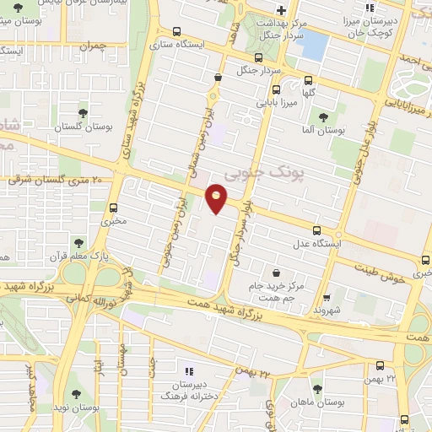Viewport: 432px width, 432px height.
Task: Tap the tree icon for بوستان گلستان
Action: tap(83, 112)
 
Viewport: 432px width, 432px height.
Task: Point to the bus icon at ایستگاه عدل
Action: tap(317, 230)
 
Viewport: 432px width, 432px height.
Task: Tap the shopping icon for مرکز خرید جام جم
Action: tap(277, 273)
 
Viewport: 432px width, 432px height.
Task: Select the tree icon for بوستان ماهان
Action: tap(317, 389)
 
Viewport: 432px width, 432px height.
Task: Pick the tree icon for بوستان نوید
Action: tap(77, 394)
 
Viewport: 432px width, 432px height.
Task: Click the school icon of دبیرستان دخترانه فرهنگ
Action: tap(189, 370)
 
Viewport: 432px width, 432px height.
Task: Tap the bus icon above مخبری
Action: tap(114, 208)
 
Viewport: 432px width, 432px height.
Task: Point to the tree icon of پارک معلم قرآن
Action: tap(79, 244)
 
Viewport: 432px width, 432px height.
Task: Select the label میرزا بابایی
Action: tap(276, 103)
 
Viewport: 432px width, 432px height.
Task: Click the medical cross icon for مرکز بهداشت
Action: tap(281, 10)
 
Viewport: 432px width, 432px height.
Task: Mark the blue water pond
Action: tap(314, 44)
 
